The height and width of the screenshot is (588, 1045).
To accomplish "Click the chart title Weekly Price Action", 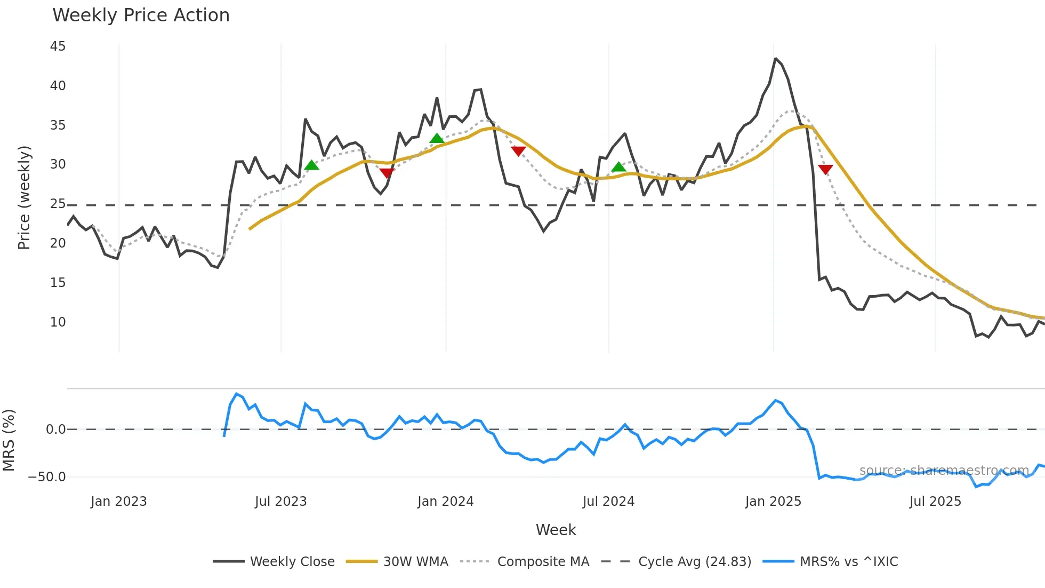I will tap(141, 15).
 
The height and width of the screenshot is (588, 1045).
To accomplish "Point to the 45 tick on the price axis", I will tap(58, 46).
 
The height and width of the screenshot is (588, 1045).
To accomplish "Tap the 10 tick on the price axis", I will tap(58, 322).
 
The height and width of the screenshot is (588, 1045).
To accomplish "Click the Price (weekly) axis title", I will tap(25, 197).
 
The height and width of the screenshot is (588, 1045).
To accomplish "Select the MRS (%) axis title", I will tap(9, 440).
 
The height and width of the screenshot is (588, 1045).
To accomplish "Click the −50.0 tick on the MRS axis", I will tap(47, 477).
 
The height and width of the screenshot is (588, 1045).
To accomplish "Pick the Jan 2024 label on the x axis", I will tap(445, 502).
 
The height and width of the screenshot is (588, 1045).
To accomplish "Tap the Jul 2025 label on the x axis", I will tap(935, 502).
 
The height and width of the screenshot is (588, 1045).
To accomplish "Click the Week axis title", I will tap(556, 530).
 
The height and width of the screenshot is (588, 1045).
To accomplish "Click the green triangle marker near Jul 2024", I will tap(618, 168).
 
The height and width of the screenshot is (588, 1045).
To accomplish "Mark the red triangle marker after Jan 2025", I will tap(825, 170).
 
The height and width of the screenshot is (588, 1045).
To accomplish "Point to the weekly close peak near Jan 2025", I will tap(775, 59).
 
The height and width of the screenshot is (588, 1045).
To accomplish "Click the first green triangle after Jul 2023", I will tap(312, 165).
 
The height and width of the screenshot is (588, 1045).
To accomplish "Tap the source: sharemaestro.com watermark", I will tap(944, 471).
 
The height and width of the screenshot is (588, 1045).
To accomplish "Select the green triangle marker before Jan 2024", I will tap(437, 139).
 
